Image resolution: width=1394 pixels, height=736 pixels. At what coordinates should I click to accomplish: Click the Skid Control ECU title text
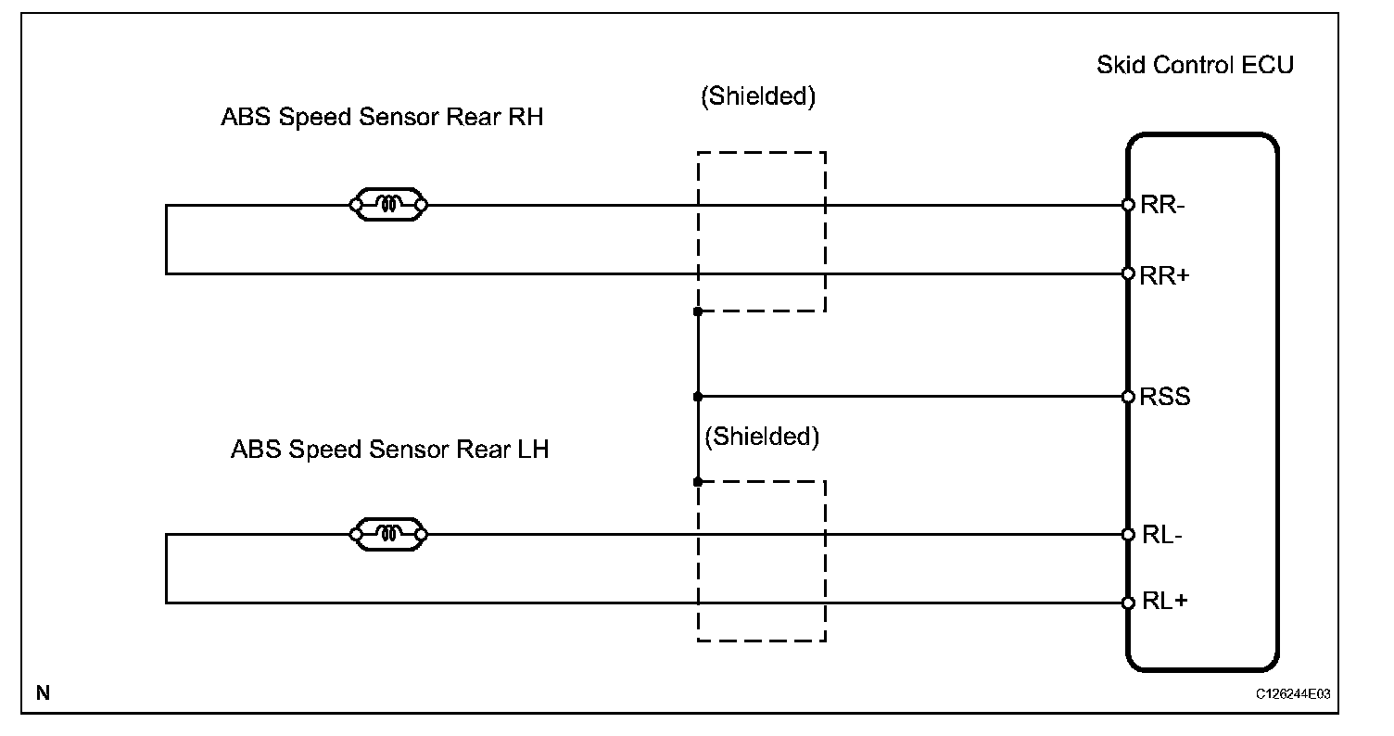tap(1195, 66)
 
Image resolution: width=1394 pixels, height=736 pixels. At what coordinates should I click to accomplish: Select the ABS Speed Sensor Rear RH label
tap(382, 119)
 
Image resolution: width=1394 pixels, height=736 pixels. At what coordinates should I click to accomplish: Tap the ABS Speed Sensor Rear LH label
tap(389, 450)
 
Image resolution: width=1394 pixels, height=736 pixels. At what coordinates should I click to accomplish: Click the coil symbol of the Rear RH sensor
tap(388, 205)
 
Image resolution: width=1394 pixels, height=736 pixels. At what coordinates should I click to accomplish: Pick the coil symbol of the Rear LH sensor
tap(388, 534)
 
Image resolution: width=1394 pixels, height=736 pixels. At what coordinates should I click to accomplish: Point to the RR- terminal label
tap(1162, 205)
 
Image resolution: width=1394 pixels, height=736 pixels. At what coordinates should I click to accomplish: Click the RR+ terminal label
tap(1164, 274)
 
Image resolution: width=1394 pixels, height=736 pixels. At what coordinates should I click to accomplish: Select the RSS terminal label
tap(1165, 397)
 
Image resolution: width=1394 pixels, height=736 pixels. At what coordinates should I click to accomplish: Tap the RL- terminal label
tap(1161, 535)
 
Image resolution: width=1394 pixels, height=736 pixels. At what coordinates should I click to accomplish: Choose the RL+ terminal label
tap(1164, 603)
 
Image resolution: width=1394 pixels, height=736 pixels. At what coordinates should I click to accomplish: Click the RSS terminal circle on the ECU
tap(1128, 397)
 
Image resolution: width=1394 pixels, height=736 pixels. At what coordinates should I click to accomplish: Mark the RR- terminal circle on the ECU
tap(1128, 205)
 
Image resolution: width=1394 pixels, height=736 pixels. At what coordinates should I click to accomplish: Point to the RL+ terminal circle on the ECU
tap(1128, 603)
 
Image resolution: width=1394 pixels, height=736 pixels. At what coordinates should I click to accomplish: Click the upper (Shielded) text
tap(758, 97)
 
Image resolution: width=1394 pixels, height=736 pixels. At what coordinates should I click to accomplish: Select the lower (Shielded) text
tap(762, 437)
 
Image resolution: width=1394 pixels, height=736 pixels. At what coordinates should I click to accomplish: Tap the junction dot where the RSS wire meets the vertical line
tap(697, 397)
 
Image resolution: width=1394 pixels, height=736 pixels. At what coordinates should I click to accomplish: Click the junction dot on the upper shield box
tap(697, 311)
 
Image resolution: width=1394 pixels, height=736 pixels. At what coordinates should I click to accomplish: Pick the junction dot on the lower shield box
tap(697, 482)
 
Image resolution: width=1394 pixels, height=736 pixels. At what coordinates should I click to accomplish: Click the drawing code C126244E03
tap(1299, 693)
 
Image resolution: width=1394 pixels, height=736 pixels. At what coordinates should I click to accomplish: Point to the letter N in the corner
tap(43, 692)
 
